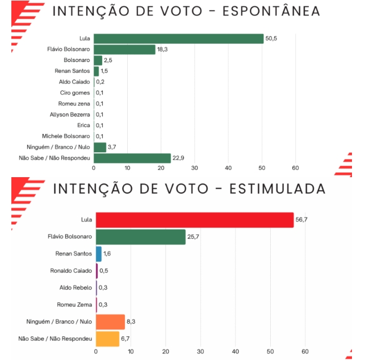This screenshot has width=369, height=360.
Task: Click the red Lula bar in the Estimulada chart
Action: [x=194, y=220]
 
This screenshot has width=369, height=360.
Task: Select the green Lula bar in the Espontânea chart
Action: [x=178, y=39]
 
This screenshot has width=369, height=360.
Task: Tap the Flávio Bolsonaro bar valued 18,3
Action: [x=124, y=49]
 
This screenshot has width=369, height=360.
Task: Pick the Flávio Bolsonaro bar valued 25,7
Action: [x=140, y=237]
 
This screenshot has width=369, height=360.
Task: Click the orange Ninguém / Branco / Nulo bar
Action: [x=110, y=322]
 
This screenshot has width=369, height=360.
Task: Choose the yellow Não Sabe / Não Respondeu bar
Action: [x=107, y=339]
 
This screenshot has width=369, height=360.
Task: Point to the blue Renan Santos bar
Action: [x=98, y=254]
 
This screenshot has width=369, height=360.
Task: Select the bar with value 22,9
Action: [x=132, y=158]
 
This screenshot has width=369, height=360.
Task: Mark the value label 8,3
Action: [x=132, y=322]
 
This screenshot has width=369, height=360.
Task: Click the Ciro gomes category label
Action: [x=75, y=93]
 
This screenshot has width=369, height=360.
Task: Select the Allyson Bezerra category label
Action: [x=70, y=115]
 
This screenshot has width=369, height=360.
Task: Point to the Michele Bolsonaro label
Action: [x=66, y=136]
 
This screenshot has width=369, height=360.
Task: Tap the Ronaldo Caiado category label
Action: [x=71, y=271]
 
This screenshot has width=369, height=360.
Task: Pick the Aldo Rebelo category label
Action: [x=76, y=288]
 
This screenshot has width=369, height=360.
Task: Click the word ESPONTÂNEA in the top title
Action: [x=263, y=11]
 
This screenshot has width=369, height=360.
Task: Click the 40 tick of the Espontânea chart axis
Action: [x=228, y=168]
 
